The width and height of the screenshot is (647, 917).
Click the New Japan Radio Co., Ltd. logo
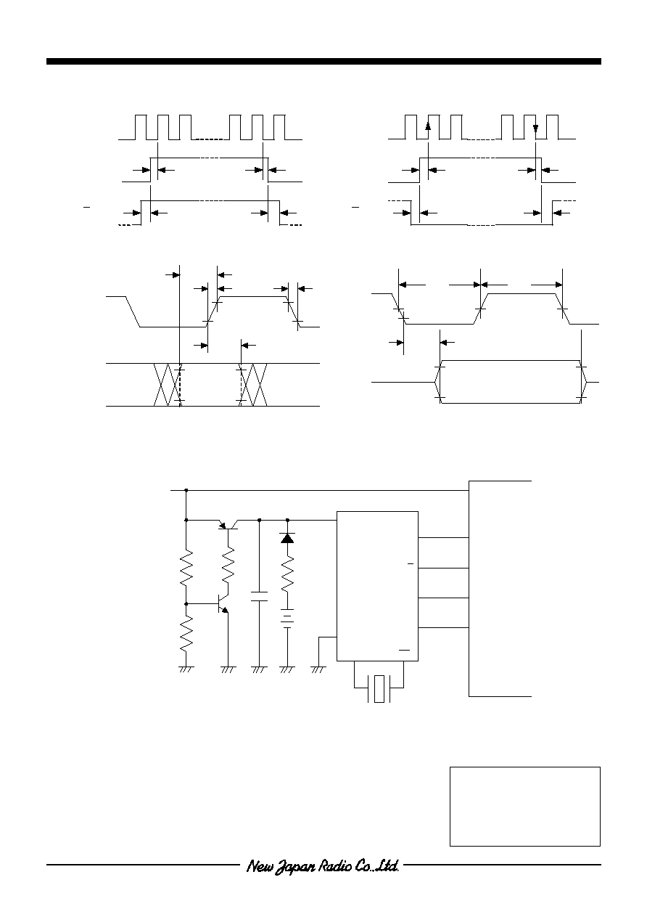pyautogui.click(x=323, y=866)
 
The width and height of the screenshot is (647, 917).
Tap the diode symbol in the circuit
pyautogui.click(x=287, y=538)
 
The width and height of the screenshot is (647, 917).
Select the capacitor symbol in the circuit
pyautogui.click(x=259, y=596)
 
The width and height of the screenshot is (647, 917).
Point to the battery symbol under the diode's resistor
pyautogui.click(x=287, y=619)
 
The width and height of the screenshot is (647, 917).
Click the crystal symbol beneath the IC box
pyautogui.click(x=379, y=688)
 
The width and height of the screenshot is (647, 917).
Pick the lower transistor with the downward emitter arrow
pyautogui.click(x=223, y=604)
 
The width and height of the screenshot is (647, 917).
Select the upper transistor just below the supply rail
pyautogui.click(x=228, y=524)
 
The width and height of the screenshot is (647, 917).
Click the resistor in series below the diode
pyautogui.click(x=287, y=574)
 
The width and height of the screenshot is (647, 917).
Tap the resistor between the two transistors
pyautogui.click(x=228, y=566)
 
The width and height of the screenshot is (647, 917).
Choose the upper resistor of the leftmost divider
pyautogui.click(x=186, y=568)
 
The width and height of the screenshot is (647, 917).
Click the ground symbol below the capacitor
pyautogui.click(x=259, y=669)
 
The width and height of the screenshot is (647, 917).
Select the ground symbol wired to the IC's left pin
pyautogui.click(x=318, y=669)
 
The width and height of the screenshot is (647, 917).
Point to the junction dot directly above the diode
pyautogui.click(x=287, y=520)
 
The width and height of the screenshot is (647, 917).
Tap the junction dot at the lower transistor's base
pyautogui.click(x=186, y=604)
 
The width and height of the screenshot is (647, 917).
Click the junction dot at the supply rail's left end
pyautogui.click(x=186, y=490)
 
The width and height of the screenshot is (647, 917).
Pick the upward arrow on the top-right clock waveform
pyautogui.click(x=428, y=126)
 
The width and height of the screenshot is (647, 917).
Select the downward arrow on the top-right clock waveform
pyautogui.click(x=535, y=128)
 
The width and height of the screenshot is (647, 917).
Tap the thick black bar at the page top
pyautogui.click(x=323, y=62)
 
